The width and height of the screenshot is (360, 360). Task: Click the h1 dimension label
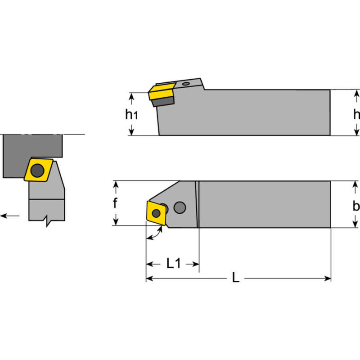(131, 115)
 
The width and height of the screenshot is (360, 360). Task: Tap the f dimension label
(115, 203)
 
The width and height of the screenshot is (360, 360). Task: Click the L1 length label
(173, 264)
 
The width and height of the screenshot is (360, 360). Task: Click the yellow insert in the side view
(161, 92)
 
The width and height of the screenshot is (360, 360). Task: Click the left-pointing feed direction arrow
(10, 216)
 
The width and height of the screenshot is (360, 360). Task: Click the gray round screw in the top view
(180, 207)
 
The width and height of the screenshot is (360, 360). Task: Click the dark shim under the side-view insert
(160, 102)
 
